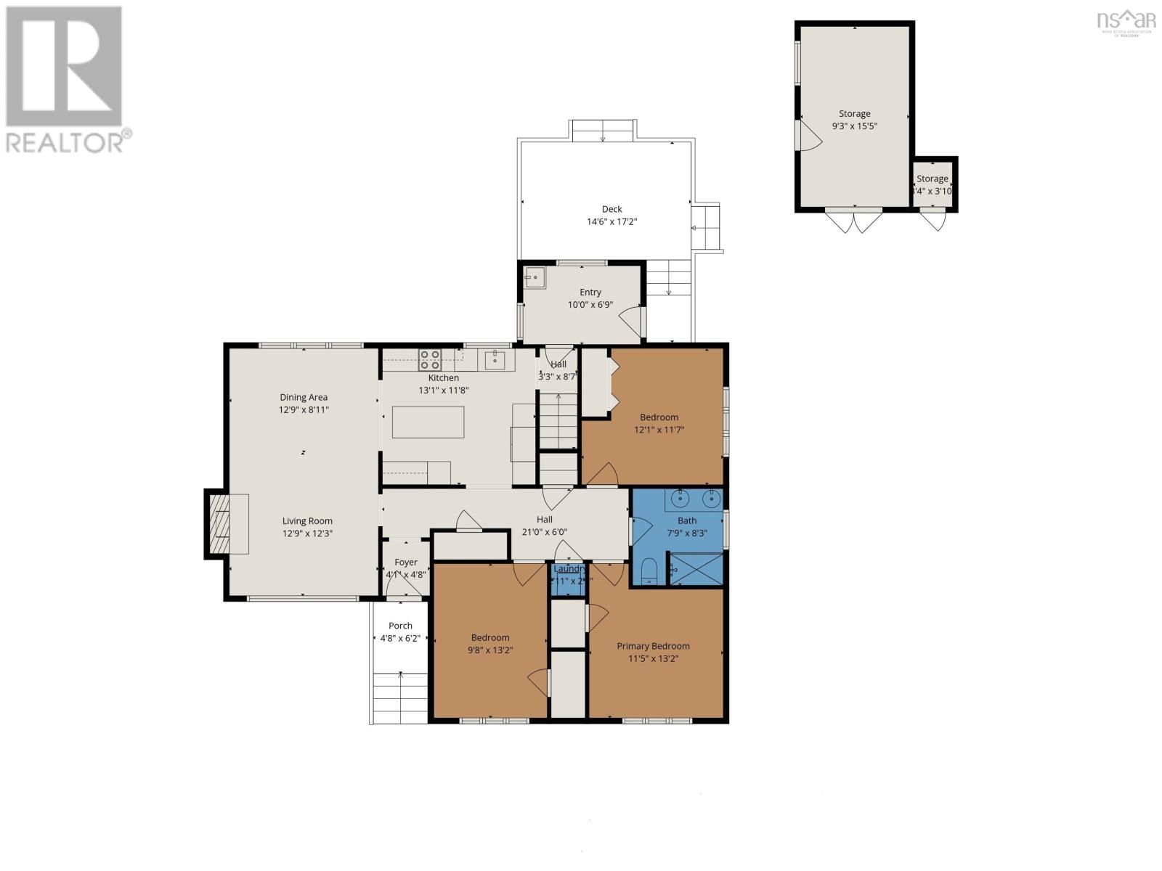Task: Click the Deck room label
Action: click(x=612, y=209)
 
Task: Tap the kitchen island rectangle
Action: click(x=428, y=422)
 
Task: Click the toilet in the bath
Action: click(x=650, y=572)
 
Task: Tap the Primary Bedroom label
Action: click(x=653, y=646)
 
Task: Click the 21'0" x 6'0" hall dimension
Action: click(x=544, y=532)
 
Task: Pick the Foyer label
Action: click(x=406, y=563)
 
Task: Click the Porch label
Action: click(x=400, y=626)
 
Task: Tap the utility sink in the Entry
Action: click(x=535, y=277)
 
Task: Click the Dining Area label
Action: click(x=304, y=397)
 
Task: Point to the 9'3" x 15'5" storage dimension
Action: click(x=855, y=126)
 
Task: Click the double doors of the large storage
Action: click(x=854, y=220)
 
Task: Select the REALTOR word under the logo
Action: click(x=64, y=142)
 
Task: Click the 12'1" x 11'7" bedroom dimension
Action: click(x=659, y=430)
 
